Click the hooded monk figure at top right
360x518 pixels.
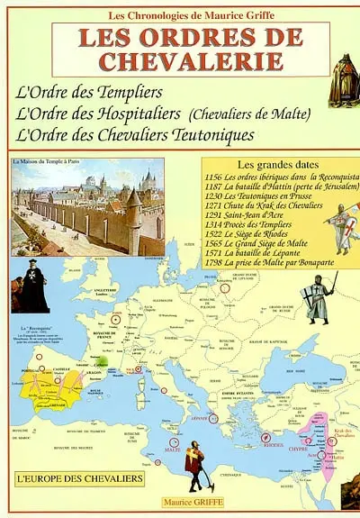point(342,78)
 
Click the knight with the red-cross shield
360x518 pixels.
point(343,227)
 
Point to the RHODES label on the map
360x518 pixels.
point(273,444)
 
